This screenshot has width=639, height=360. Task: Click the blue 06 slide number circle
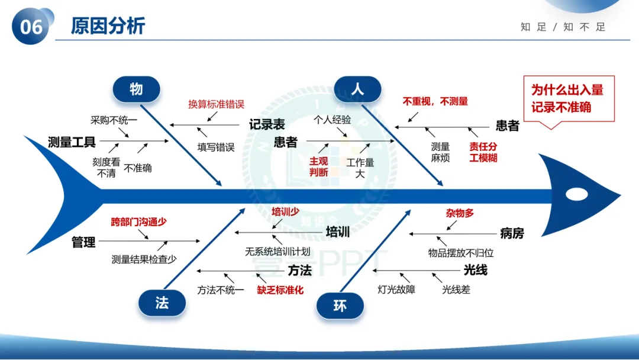coord(31,27)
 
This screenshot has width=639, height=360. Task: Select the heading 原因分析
coord(108,26)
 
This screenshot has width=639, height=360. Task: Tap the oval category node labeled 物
coord(136,89)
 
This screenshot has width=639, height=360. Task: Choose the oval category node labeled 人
coord(357,89)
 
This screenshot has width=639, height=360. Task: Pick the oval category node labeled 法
coord(162,303)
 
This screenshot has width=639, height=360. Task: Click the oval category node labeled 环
coord(340,306)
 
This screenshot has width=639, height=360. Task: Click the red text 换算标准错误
coord(216,104)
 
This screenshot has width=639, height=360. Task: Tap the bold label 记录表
coord(267,124)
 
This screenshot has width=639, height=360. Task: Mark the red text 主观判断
coord(318,166)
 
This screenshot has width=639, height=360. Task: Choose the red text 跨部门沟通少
coord(138,222)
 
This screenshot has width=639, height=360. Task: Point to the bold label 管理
coord(83,242)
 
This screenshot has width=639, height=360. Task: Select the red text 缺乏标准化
coord(280,290)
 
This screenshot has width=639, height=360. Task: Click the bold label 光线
coord(475,270)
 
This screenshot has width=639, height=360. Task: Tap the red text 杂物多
coord(460,213)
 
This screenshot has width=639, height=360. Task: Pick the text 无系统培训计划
coord(277,252)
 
